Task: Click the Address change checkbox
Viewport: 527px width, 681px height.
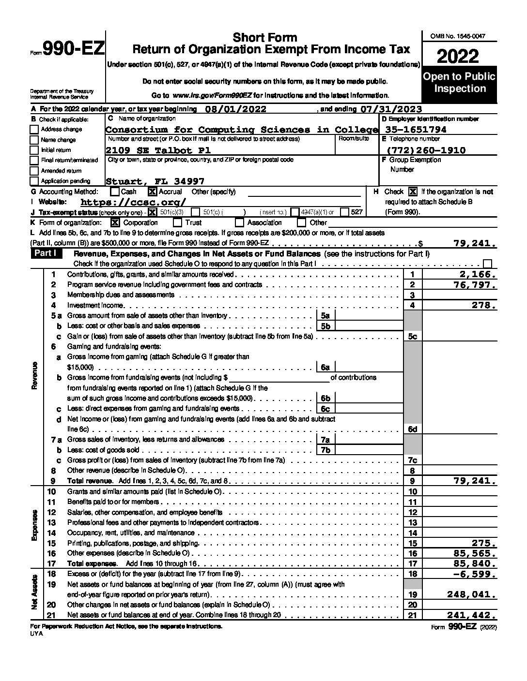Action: [x=34, y=130]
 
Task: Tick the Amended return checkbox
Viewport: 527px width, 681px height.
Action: [x=34, y=171]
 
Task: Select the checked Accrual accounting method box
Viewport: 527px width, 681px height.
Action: [x=152, y=192]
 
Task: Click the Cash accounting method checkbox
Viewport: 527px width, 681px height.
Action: [x=115, y=192]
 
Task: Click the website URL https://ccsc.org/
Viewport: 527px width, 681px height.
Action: [x=133, y=202]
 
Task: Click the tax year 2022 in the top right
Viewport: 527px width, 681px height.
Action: [x=458, y=57]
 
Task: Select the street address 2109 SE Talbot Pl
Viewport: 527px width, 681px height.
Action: [x=158, y=150]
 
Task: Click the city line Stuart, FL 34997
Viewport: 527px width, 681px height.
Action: [x=155, y=181]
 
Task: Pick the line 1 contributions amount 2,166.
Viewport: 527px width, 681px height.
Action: [x=479, y=274]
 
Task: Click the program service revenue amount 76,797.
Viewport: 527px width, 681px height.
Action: [x=474, y=285]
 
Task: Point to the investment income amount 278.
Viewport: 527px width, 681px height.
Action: [x=484, y=305]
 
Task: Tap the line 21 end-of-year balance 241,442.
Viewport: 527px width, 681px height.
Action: [x=471, y=615]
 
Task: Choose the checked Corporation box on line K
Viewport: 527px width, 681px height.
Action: [x=115, y=222]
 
